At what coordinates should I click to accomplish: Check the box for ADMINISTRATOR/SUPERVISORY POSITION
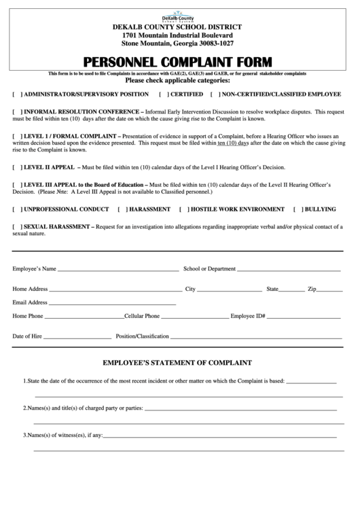point(17,94)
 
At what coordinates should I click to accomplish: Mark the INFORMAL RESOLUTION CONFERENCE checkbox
point(17,111)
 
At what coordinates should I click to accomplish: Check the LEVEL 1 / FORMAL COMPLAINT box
point(17,137)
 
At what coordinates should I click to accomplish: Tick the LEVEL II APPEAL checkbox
point(17,166)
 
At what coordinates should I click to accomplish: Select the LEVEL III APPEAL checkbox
point(17,185)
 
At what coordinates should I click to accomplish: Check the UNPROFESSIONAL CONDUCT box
point(17,209)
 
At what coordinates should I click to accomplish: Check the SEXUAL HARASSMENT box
point(17,226)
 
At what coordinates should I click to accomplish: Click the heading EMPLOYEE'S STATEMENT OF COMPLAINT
point(177,363)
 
